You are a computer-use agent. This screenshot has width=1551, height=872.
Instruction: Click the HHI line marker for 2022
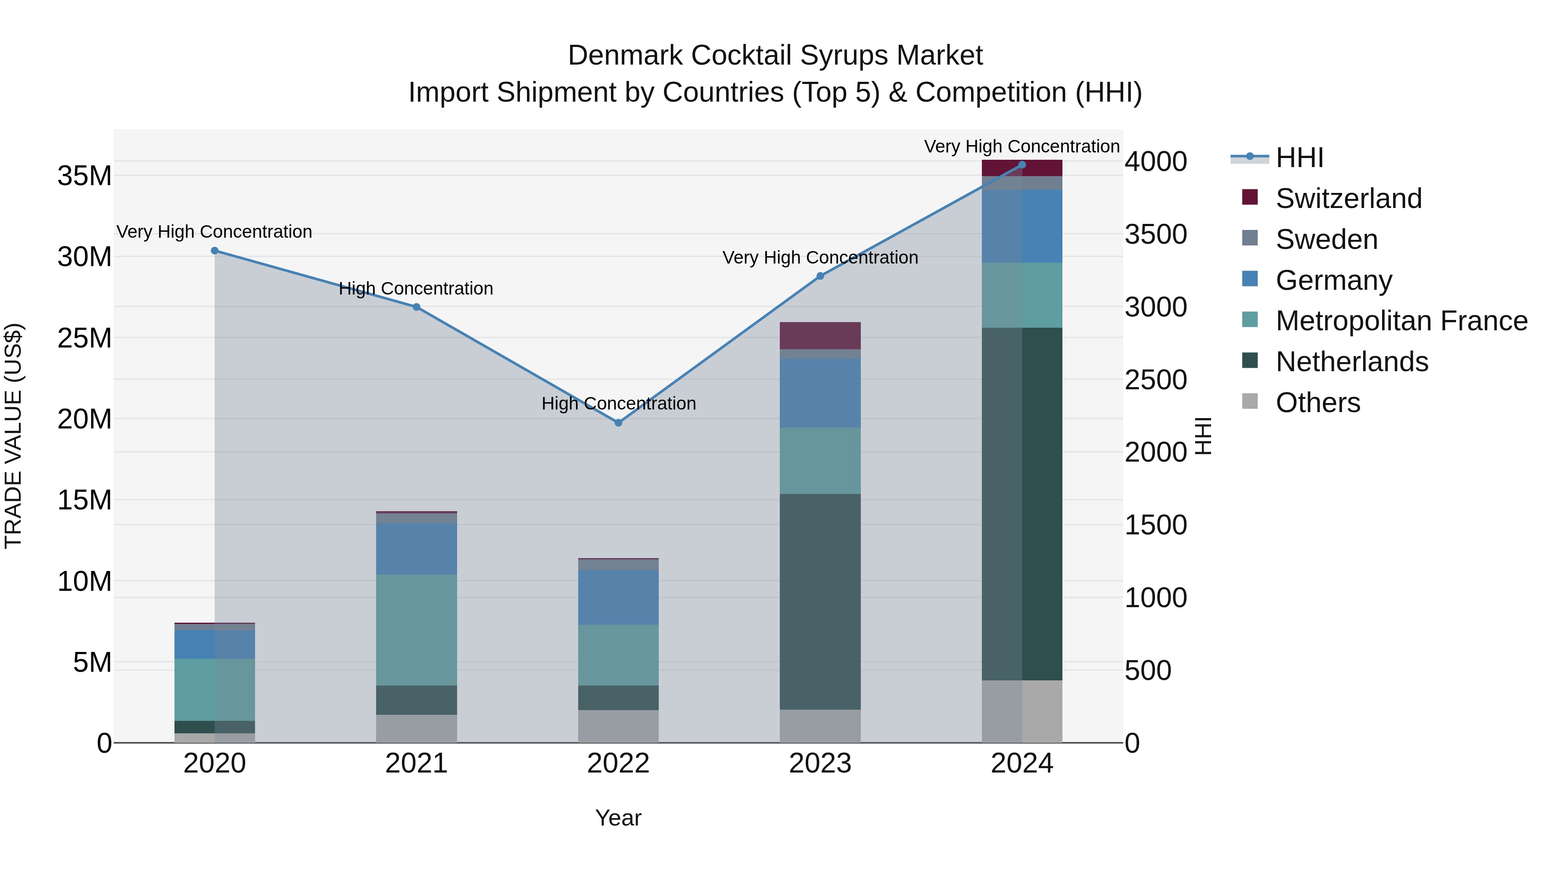tap(618, 423)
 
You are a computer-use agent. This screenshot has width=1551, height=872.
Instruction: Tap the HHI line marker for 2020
tap(215, 251)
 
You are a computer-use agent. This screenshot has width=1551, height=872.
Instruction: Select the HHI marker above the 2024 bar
tap(1022, 165)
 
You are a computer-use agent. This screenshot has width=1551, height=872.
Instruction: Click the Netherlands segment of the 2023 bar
tap(820, 602)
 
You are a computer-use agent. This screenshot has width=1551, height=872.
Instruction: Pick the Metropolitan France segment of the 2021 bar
tap(417, 630)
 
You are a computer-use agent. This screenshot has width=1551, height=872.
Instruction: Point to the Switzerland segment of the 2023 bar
tap(820, 336)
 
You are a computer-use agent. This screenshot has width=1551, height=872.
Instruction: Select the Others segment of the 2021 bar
tap(417, 728)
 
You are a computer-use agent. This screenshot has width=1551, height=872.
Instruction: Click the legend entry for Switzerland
tap(1348, 199)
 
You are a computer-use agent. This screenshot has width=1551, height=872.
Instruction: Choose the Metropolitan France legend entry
tap(1401, 321)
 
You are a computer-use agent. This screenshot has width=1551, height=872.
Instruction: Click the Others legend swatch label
tap(1317, 403)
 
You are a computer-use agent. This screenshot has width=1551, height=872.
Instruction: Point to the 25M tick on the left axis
tap(84, 338)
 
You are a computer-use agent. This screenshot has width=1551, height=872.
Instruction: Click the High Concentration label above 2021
tap(416, 289)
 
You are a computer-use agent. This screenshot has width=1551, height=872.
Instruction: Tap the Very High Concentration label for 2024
tap(1022, 146)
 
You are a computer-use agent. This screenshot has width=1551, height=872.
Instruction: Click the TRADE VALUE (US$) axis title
tap(14, 436)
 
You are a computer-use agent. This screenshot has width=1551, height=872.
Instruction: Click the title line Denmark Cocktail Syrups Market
tap(775, 56)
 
